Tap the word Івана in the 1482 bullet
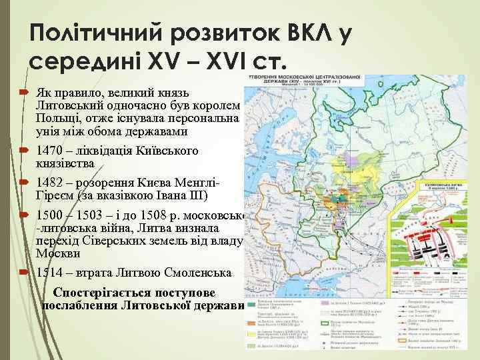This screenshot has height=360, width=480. [x=177, y=195]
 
